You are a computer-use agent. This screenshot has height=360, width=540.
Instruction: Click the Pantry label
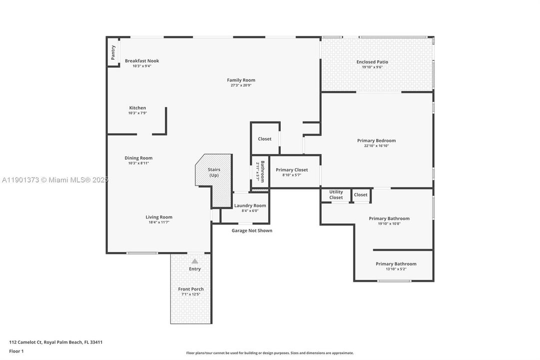pos(113,52)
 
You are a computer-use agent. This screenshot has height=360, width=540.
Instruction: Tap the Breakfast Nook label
pos(142,61)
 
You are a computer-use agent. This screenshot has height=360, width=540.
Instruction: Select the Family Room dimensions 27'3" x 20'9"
pos(241,85)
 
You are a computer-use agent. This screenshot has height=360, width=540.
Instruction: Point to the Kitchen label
pos(137,108)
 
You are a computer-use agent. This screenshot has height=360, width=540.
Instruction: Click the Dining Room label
pos(138,158)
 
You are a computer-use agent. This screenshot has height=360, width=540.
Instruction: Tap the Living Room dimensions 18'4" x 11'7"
pos(159,222)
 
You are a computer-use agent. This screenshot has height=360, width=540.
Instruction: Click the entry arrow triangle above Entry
pos(195,261)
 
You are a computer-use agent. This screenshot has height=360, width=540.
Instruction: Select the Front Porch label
pos(191,289)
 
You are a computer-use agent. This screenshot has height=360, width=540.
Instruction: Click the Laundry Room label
pos(250,205)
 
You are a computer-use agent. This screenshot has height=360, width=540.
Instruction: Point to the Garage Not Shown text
pos(252,230)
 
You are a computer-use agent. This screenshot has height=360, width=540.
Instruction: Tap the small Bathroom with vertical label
pos(260,171)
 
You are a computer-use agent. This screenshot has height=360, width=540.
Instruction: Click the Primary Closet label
pos(292,170)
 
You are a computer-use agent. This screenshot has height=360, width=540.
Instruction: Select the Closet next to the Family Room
pos(265,138)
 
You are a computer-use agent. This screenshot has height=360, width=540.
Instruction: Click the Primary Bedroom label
pos(376,140)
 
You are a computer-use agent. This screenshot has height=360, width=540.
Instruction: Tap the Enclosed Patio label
pos(372,62)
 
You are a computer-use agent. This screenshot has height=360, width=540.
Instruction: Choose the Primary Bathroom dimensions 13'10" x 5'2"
pos(396,269)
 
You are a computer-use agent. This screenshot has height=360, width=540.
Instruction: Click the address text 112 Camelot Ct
pos(56,342)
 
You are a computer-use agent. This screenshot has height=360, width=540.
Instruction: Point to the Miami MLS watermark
pos(54,180)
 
